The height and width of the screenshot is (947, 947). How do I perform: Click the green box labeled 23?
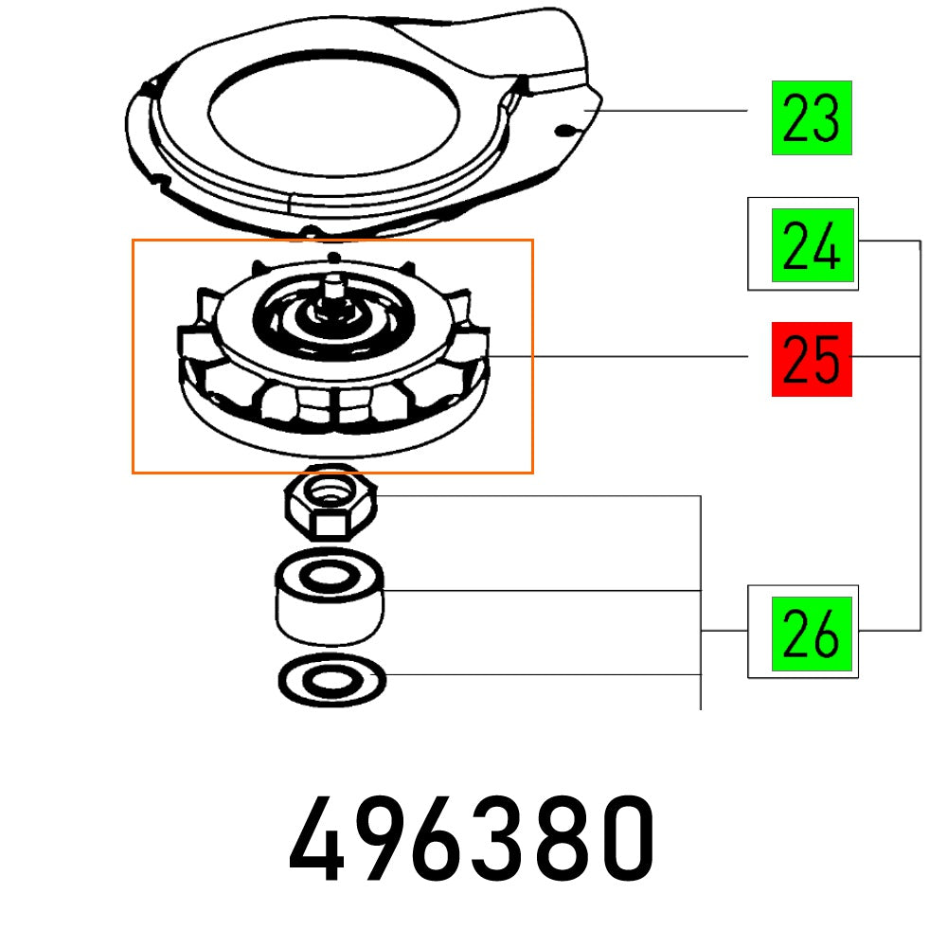pos(812,117)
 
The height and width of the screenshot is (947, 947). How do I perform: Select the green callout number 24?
pos(813,245)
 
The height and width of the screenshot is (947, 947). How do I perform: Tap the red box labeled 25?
pos(812,359)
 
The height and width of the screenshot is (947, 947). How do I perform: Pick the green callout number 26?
pos(812,634)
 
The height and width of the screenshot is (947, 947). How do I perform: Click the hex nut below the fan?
pos(331,501)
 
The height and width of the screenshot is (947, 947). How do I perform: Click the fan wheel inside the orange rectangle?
pos(333,356)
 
